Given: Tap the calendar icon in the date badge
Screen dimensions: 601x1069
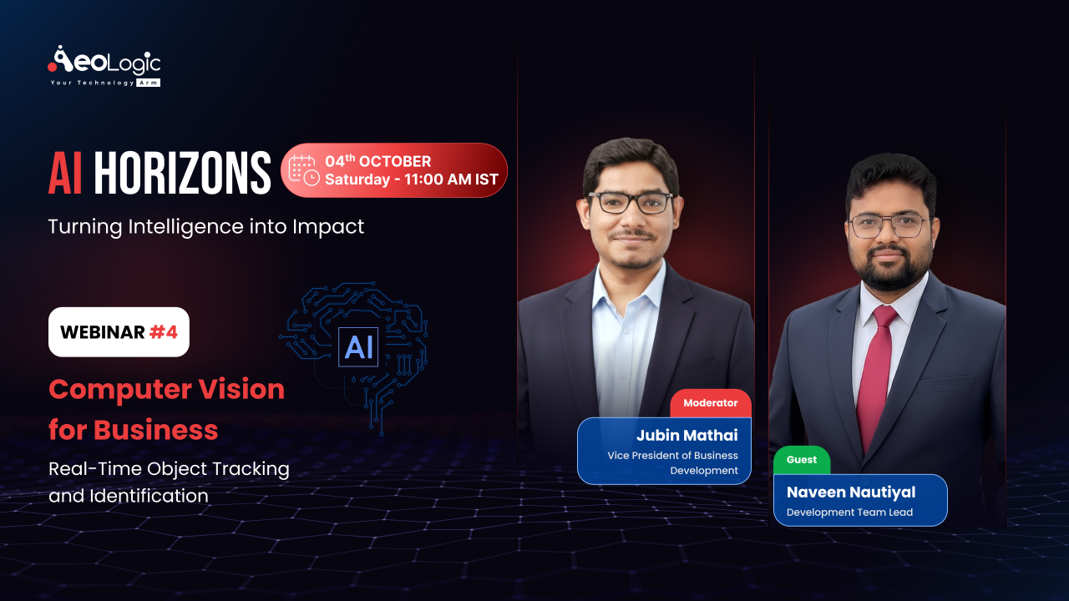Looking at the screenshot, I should click(303, 169).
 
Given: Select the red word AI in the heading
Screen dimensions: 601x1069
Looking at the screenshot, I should click(65, 174).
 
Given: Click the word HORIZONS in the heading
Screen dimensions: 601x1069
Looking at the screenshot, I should click(182, 174).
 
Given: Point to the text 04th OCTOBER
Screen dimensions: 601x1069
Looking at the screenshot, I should click(378, 161).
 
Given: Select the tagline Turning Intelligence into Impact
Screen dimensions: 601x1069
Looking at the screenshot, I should click(206, 226).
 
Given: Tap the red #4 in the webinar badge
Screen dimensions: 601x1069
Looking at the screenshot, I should click(164, 332).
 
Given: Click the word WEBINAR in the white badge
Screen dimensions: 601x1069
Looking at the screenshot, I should click(102, 332).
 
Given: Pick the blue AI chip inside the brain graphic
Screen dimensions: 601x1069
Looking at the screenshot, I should click(358, 346).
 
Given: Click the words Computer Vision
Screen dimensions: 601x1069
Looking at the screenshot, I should click(166, 389).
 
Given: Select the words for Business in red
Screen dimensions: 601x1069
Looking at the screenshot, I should click(133, 430).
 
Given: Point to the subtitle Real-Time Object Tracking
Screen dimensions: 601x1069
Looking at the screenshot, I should click(169, 469).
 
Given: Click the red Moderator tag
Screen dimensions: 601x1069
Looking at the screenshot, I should click(711, 403).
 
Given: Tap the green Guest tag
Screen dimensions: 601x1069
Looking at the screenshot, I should click(802, 460).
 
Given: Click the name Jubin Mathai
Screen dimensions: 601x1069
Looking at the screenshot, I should click(687, 435).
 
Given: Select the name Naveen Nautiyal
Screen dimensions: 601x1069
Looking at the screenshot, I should click(851, 492).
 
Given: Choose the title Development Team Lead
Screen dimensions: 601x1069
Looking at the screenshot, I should click(849, 513).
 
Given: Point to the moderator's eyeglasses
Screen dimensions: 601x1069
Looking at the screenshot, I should click(631, 202).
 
